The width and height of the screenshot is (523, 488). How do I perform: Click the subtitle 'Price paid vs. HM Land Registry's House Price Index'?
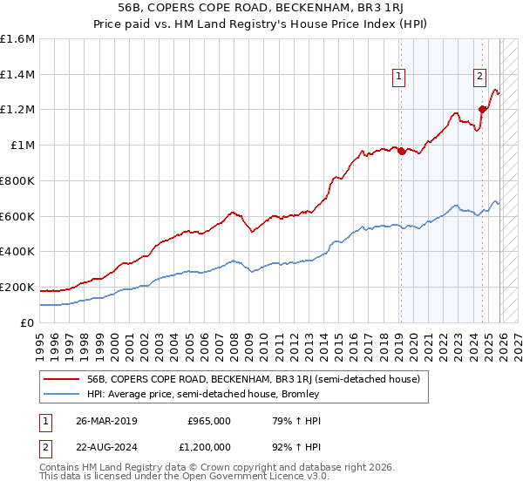[x=261, y=24]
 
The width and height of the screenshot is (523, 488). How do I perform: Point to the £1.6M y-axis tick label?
[x=17, y=39]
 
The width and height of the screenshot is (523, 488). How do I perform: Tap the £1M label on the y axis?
[x=23, y=146]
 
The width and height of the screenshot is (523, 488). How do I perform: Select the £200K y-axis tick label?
[x=17, y=287]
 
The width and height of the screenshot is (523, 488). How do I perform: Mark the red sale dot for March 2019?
[x=401, y=151]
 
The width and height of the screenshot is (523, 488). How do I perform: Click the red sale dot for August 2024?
[x=482, y=109]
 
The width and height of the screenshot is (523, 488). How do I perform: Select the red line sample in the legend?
[x=62, y=379]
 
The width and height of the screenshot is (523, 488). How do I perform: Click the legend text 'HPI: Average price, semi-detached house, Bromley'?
[x=203, y=394]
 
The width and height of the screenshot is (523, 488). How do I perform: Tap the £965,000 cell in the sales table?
[x=208, y=420]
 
